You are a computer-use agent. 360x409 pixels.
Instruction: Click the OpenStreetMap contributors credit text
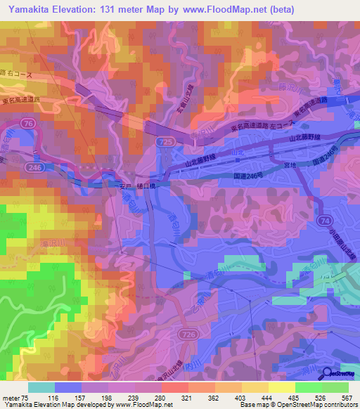[x=318, y=405]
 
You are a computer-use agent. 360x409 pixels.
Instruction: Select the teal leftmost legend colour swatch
[x=41, y=387]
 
